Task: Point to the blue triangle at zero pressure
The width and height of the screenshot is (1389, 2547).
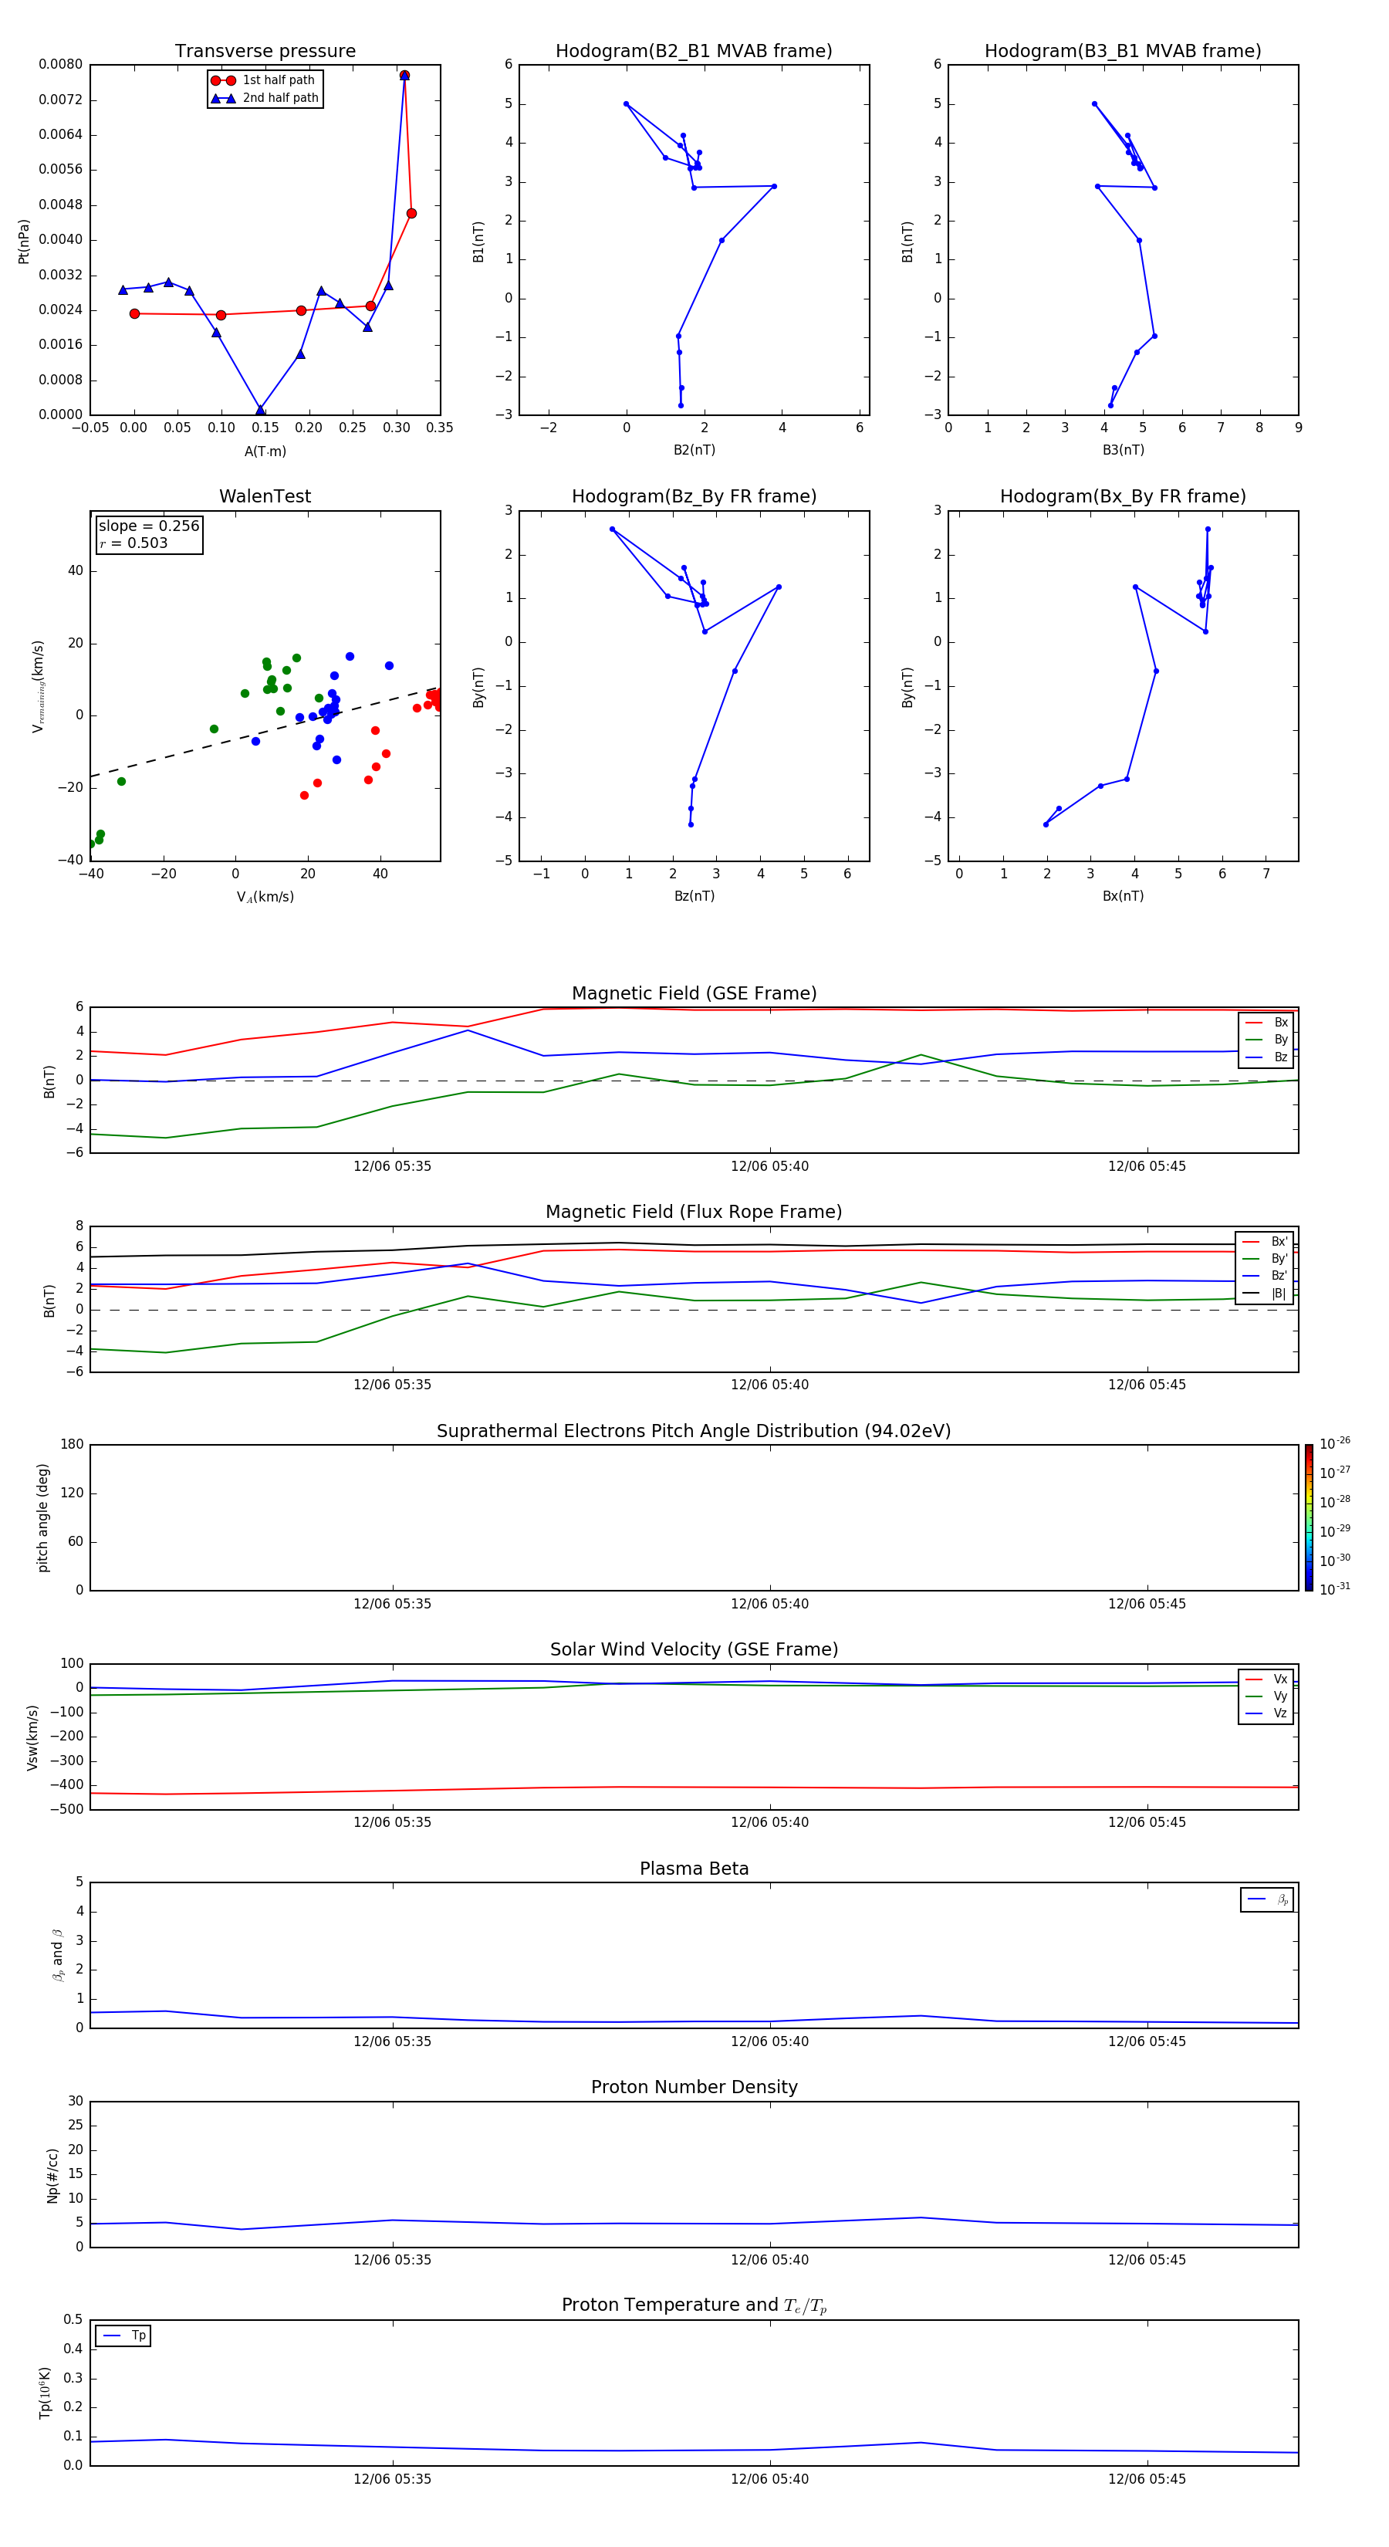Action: pos(260,409)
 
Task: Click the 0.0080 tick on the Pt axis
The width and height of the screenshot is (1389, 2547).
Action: pos(60,64)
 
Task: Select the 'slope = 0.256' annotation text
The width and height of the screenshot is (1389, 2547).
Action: pos(148,526)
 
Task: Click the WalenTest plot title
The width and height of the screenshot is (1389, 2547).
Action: pos(265,496)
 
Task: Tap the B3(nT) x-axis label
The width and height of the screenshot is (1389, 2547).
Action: pos(1123,450)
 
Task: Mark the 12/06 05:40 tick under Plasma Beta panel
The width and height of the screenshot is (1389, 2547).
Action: pos(769,2041)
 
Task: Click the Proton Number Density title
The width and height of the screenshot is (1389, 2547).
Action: pos(694,2087)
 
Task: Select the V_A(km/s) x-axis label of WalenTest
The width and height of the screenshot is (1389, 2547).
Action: pos(265,897)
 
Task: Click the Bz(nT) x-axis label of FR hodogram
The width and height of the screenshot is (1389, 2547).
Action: pos(694,896)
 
